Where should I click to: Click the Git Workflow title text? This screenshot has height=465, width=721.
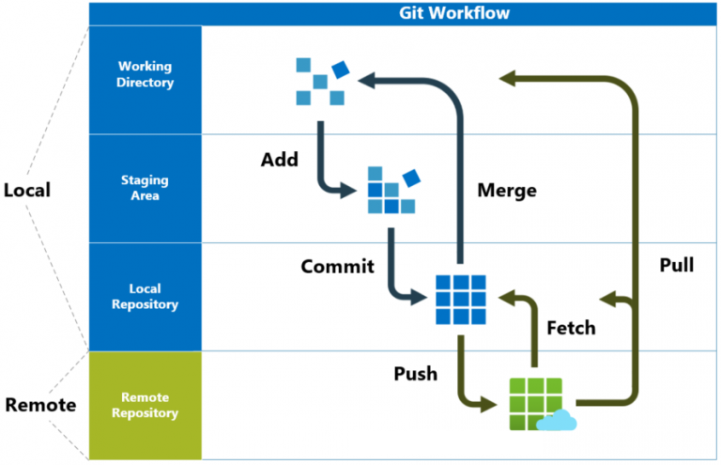453,13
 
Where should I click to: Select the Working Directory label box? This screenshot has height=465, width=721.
145,80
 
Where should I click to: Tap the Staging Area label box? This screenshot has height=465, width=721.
145,189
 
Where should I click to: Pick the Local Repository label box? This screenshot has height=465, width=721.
145,297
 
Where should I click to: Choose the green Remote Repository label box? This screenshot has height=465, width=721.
145,406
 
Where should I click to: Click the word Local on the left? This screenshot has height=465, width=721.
27,190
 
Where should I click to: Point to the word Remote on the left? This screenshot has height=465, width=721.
40,405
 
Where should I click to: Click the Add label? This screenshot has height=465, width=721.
280,160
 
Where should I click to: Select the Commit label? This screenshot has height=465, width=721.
338,266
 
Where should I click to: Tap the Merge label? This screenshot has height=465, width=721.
507,191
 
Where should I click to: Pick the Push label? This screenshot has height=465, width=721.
416,374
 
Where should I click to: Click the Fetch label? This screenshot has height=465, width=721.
571,328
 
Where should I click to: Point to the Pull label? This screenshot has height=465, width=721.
676,265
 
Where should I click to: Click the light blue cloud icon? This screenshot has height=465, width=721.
557,421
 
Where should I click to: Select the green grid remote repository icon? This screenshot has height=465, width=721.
536,404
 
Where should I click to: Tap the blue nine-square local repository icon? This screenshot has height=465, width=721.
461,300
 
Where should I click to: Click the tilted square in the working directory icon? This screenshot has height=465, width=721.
341,70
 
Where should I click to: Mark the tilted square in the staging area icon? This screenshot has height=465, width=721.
411,178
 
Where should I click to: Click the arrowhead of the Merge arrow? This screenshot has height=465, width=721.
367,81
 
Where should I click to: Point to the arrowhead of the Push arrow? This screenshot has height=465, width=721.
488,405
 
